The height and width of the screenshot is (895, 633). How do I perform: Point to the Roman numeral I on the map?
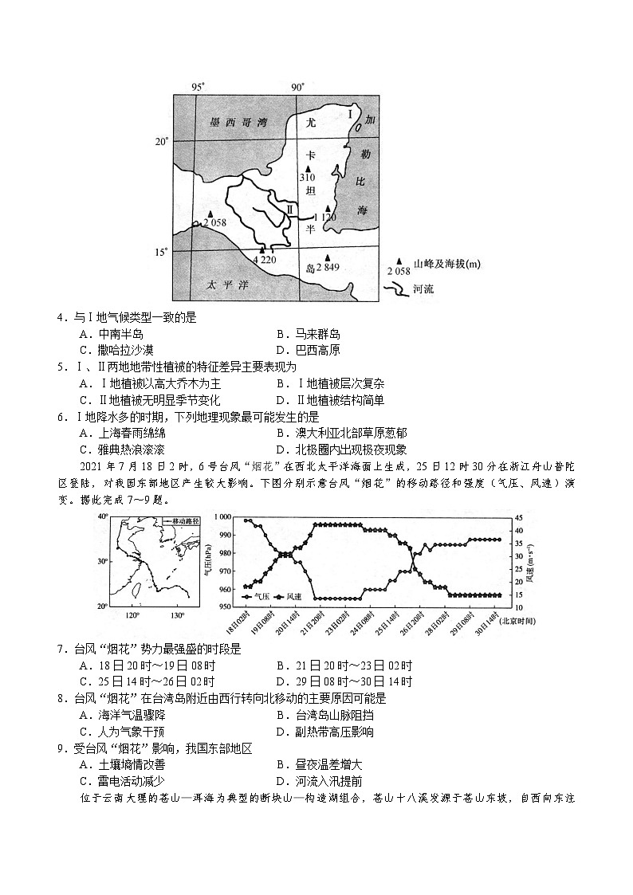(350, 115)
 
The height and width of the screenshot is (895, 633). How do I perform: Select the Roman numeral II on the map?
(290, 209)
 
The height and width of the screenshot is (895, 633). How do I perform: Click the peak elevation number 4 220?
(264, 260)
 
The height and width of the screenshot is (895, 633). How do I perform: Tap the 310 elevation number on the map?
(308, 177)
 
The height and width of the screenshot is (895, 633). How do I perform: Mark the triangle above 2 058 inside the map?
(210, 214)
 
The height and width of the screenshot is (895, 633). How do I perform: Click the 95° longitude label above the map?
(199, 86)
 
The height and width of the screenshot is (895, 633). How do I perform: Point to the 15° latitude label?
(162, 252)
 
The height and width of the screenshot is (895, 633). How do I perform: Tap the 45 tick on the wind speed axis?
(521, 516)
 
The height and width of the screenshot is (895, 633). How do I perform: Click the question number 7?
(61, 649)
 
